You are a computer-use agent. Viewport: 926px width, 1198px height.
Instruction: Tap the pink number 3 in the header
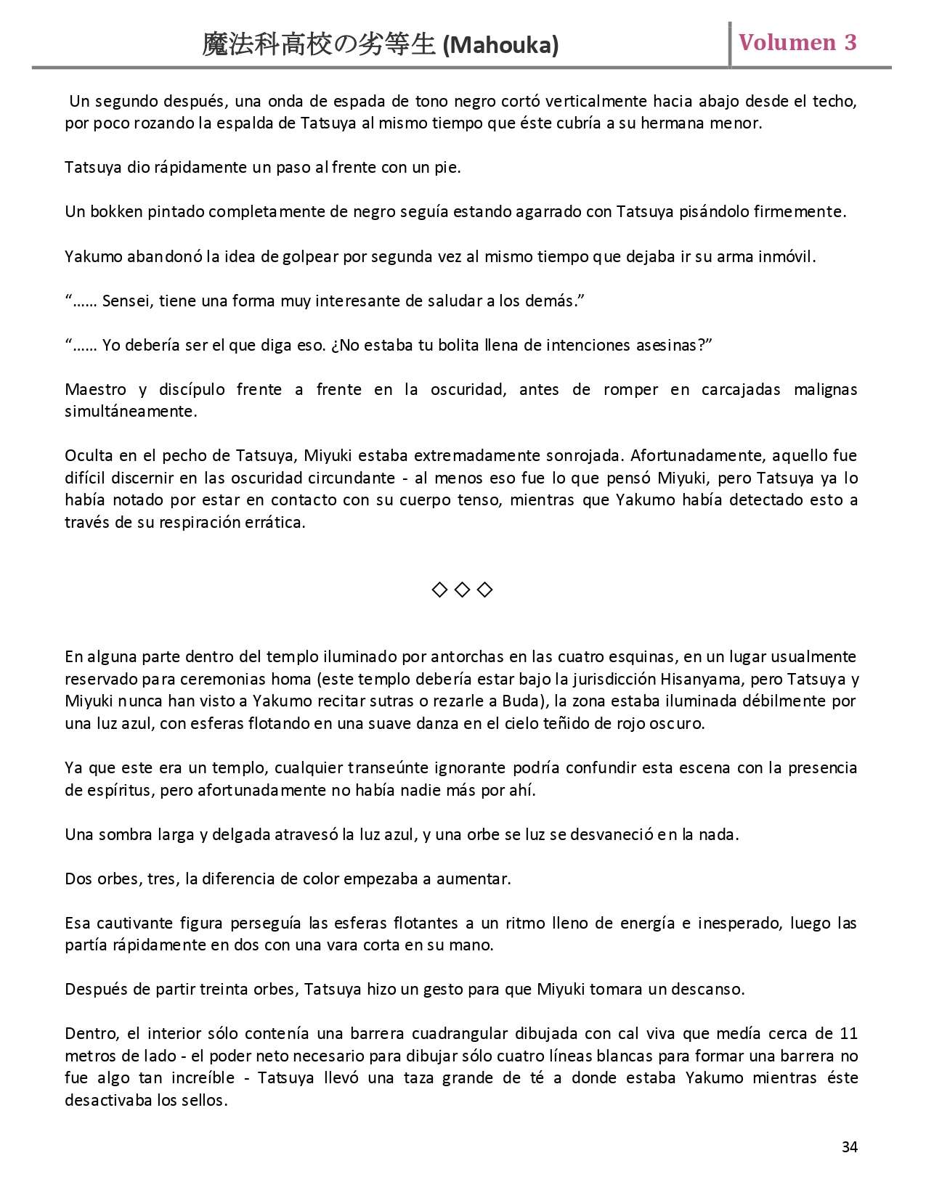[850, 43]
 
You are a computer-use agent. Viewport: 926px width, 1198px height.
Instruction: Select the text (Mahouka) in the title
[500, 46]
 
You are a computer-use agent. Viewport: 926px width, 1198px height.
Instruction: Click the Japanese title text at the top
[319, 45]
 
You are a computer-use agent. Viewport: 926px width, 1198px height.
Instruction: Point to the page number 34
[849, 1146]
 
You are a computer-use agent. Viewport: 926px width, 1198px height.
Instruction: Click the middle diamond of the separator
[462, 590]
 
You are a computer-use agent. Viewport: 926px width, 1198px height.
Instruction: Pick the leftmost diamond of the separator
[439, 590]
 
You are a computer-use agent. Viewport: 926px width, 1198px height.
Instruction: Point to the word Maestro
[95, 389]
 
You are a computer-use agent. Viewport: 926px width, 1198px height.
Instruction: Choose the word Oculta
[88, 455]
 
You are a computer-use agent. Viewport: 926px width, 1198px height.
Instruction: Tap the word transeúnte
[389, 767]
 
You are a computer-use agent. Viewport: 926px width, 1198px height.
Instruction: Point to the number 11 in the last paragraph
[848, 1033]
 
